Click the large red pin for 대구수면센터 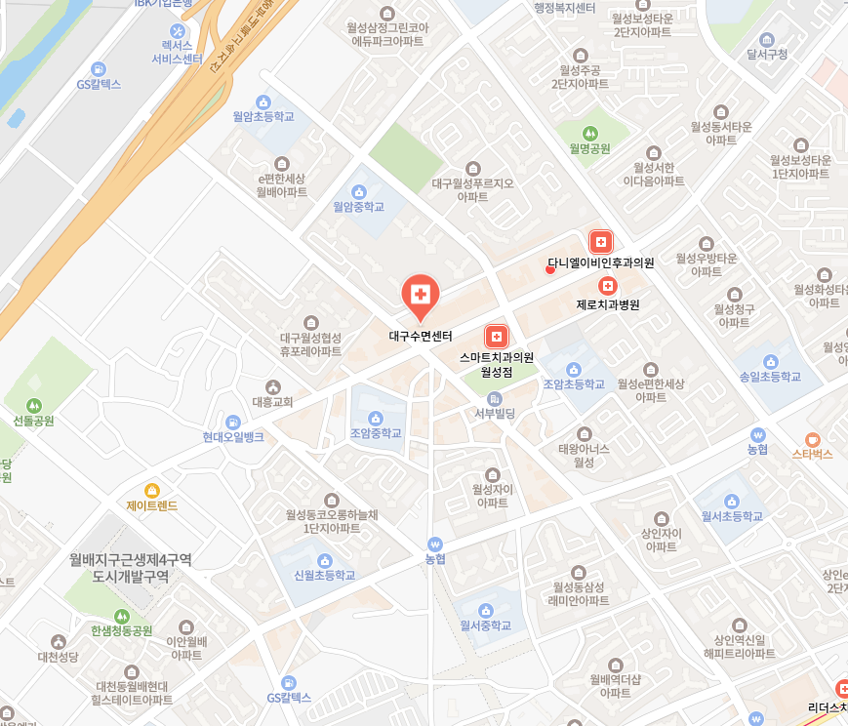pyautogui.click(x=421, y=296)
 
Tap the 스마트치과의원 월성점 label pyautogui.click(x=497, y=364)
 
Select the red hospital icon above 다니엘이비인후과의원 pyautogui.click(x=600, y=241)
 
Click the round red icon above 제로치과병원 pyautogui.click(x=608, y=285)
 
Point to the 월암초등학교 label pyautogui.click(x=262, y=116)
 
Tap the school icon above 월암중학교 pyautogui.click(x=358, y=190)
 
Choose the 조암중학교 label pyautogui.click(x=376, y=433)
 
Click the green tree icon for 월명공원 pyautogui.click(x=589, y=133)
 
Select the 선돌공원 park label pyautogui.click(x=34, y=422)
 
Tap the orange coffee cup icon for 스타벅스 pyautogui.click(x=812, y=438)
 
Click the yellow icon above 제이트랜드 pyautogui.click(x=151, y=490)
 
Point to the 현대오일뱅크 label pyautogui.click(x=233, y=437)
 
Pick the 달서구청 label pyautogui.click(x=766, y=54)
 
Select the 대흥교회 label pyautogui.click(x=272, y=401)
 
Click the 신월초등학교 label pyautogui.click(x=325, y=575)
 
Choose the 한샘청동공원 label pyautogui.click(x=122, y=630)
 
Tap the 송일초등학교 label pyautogui.click(x=770, y=376)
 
